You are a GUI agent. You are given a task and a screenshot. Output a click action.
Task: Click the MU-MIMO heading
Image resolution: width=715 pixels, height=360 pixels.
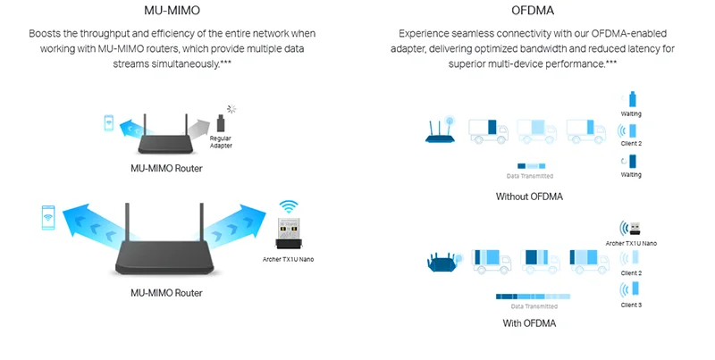pyautogui.click(x=172, y=10)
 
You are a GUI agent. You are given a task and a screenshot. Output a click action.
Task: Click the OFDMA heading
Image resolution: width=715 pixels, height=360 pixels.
pyautogui.click(x=533, y=10)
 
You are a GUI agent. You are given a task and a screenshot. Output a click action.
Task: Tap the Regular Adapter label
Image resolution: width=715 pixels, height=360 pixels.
pyautogui.click(x=221, y=142)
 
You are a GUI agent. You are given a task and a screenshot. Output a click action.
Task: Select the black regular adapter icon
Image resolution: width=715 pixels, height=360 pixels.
pyautogui.click(x=221, y=123)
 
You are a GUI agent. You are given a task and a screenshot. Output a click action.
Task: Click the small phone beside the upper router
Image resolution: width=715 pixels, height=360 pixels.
pyautogui.click(x=108, y=122)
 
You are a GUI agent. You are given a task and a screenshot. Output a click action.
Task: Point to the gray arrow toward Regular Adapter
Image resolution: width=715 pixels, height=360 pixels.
pyautogui.click(x=198, y=129)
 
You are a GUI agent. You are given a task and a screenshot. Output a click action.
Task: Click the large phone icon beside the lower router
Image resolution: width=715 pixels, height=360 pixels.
pyautogui.click(x=48, y=217)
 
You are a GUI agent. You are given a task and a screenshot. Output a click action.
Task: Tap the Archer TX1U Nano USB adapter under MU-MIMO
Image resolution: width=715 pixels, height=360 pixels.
pyautogui.click(x=288, y=233)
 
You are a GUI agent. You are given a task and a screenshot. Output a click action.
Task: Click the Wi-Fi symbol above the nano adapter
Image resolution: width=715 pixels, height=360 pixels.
pyautogui.click(x=288, y=206)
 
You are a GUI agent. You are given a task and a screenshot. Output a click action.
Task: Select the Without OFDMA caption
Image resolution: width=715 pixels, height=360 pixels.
pyautogui.click(x=529, y=197)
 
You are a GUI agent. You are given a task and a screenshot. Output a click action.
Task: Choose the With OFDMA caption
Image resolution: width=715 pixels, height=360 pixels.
pyautogui.click(x=529, y=323)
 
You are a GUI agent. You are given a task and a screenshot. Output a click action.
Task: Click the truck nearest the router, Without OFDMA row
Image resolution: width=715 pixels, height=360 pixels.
pyautogui.click(x=488, y=130)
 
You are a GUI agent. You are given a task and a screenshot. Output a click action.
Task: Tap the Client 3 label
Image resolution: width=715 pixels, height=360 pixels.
pyautogui.click(x=631, y=305)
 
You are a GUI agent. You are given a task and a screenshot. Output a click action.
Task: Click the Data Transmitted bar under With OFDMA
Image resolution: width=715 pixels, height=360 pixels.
pyautogui.click(x=533, y=297)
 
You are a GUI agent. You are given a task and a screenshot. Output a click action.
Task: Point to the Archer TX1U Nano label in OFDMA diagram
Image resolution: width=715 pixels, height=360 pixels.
pyautogui.click(x=631, y=243)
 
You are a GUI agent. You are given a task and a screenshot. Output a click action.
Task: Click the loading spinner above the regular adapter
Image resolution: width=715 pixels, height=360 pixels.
pyautogui.click(x=231, y=109)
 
